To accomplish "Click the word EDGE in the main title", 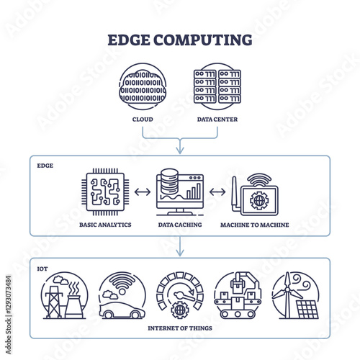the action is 129,40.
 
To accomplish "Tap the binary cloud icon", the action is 143,86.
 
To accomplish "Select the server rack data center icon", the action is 217,86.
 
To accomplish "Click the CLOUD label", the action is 143,120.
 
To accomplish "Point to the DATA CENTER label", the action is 217,120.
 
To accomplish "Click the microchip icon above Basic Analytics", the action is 105,192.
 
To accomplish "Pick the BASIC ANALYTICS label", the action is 105,225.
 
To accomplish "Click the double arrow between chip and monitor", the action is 143,192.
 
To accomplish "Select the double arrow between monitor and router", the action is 217,192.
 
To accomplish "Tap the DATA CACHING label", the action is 180,225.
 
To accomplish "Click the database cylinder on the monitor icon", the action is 169,181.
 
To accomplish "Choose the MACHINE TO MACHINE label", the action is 255,225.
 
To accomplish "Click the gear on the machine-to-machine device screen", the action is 259,200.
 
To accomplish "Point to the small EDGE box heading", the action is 45,166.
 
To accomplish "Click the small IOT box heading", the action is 42,269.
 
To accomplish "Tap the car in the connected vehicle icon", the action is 122,310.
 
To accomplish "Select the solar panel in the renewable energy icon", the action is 307,310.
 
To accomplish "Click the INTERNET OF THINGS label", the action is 180,328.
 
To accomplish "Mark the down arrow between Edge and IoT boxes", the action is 180,246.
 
